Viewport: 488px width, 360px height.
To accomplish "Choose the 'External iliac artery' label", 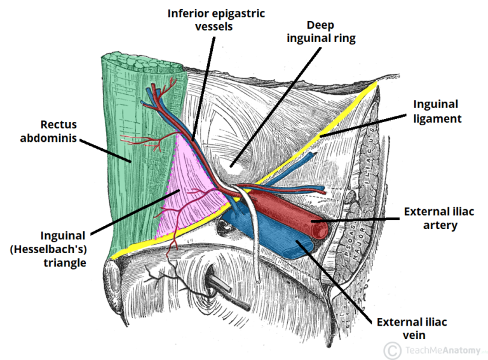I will pos(435,218).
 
